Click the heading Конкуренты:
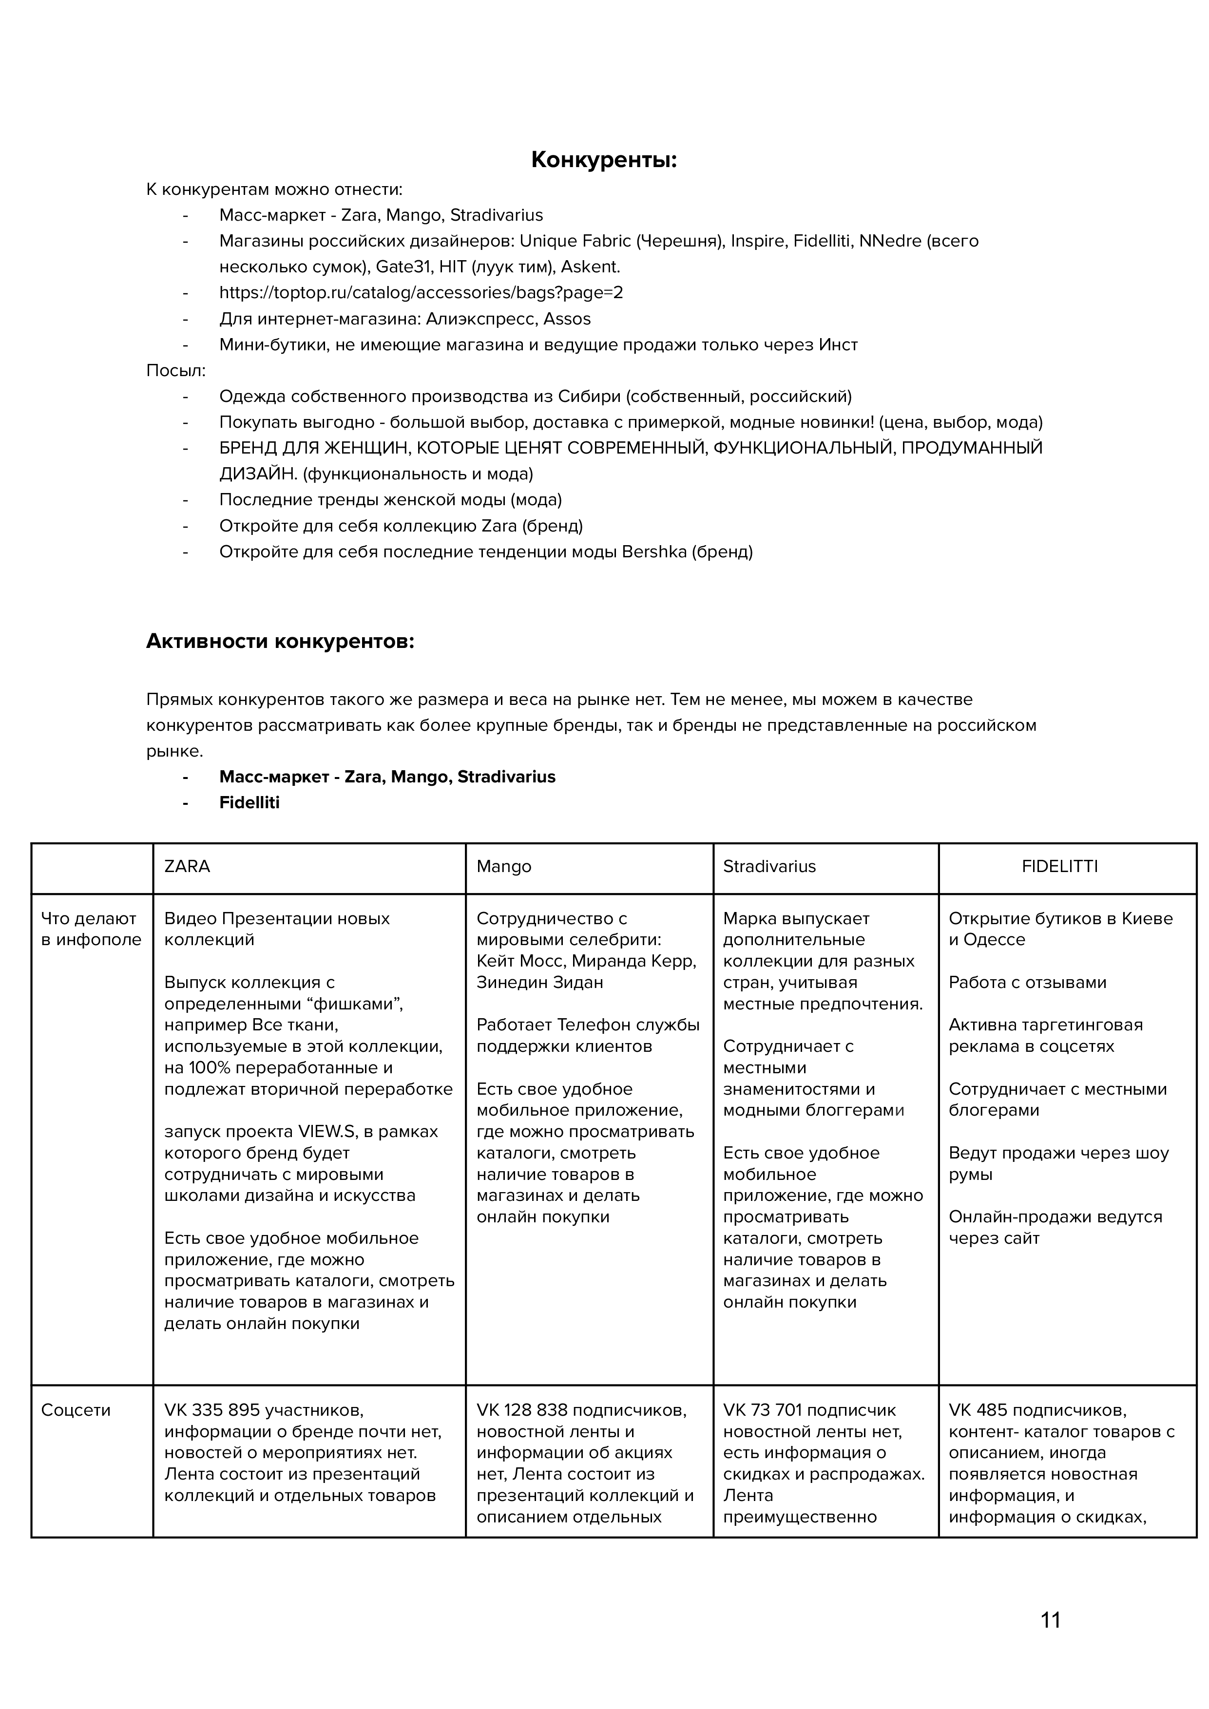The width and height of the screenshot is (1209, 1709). tap(604, 160)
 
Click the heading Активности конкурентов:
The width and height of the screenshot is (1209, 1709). tap(280, 641)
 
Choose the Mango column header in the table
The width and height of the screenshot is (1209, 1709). tap(504, 866)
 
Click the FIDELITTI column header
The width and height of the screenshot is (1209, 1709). tap(1059, 866)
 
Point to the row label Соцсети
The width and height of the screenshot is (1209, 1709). tap(76, 1410)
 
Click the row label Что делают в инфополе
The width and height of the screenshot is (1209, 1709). tap(91, 929)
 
